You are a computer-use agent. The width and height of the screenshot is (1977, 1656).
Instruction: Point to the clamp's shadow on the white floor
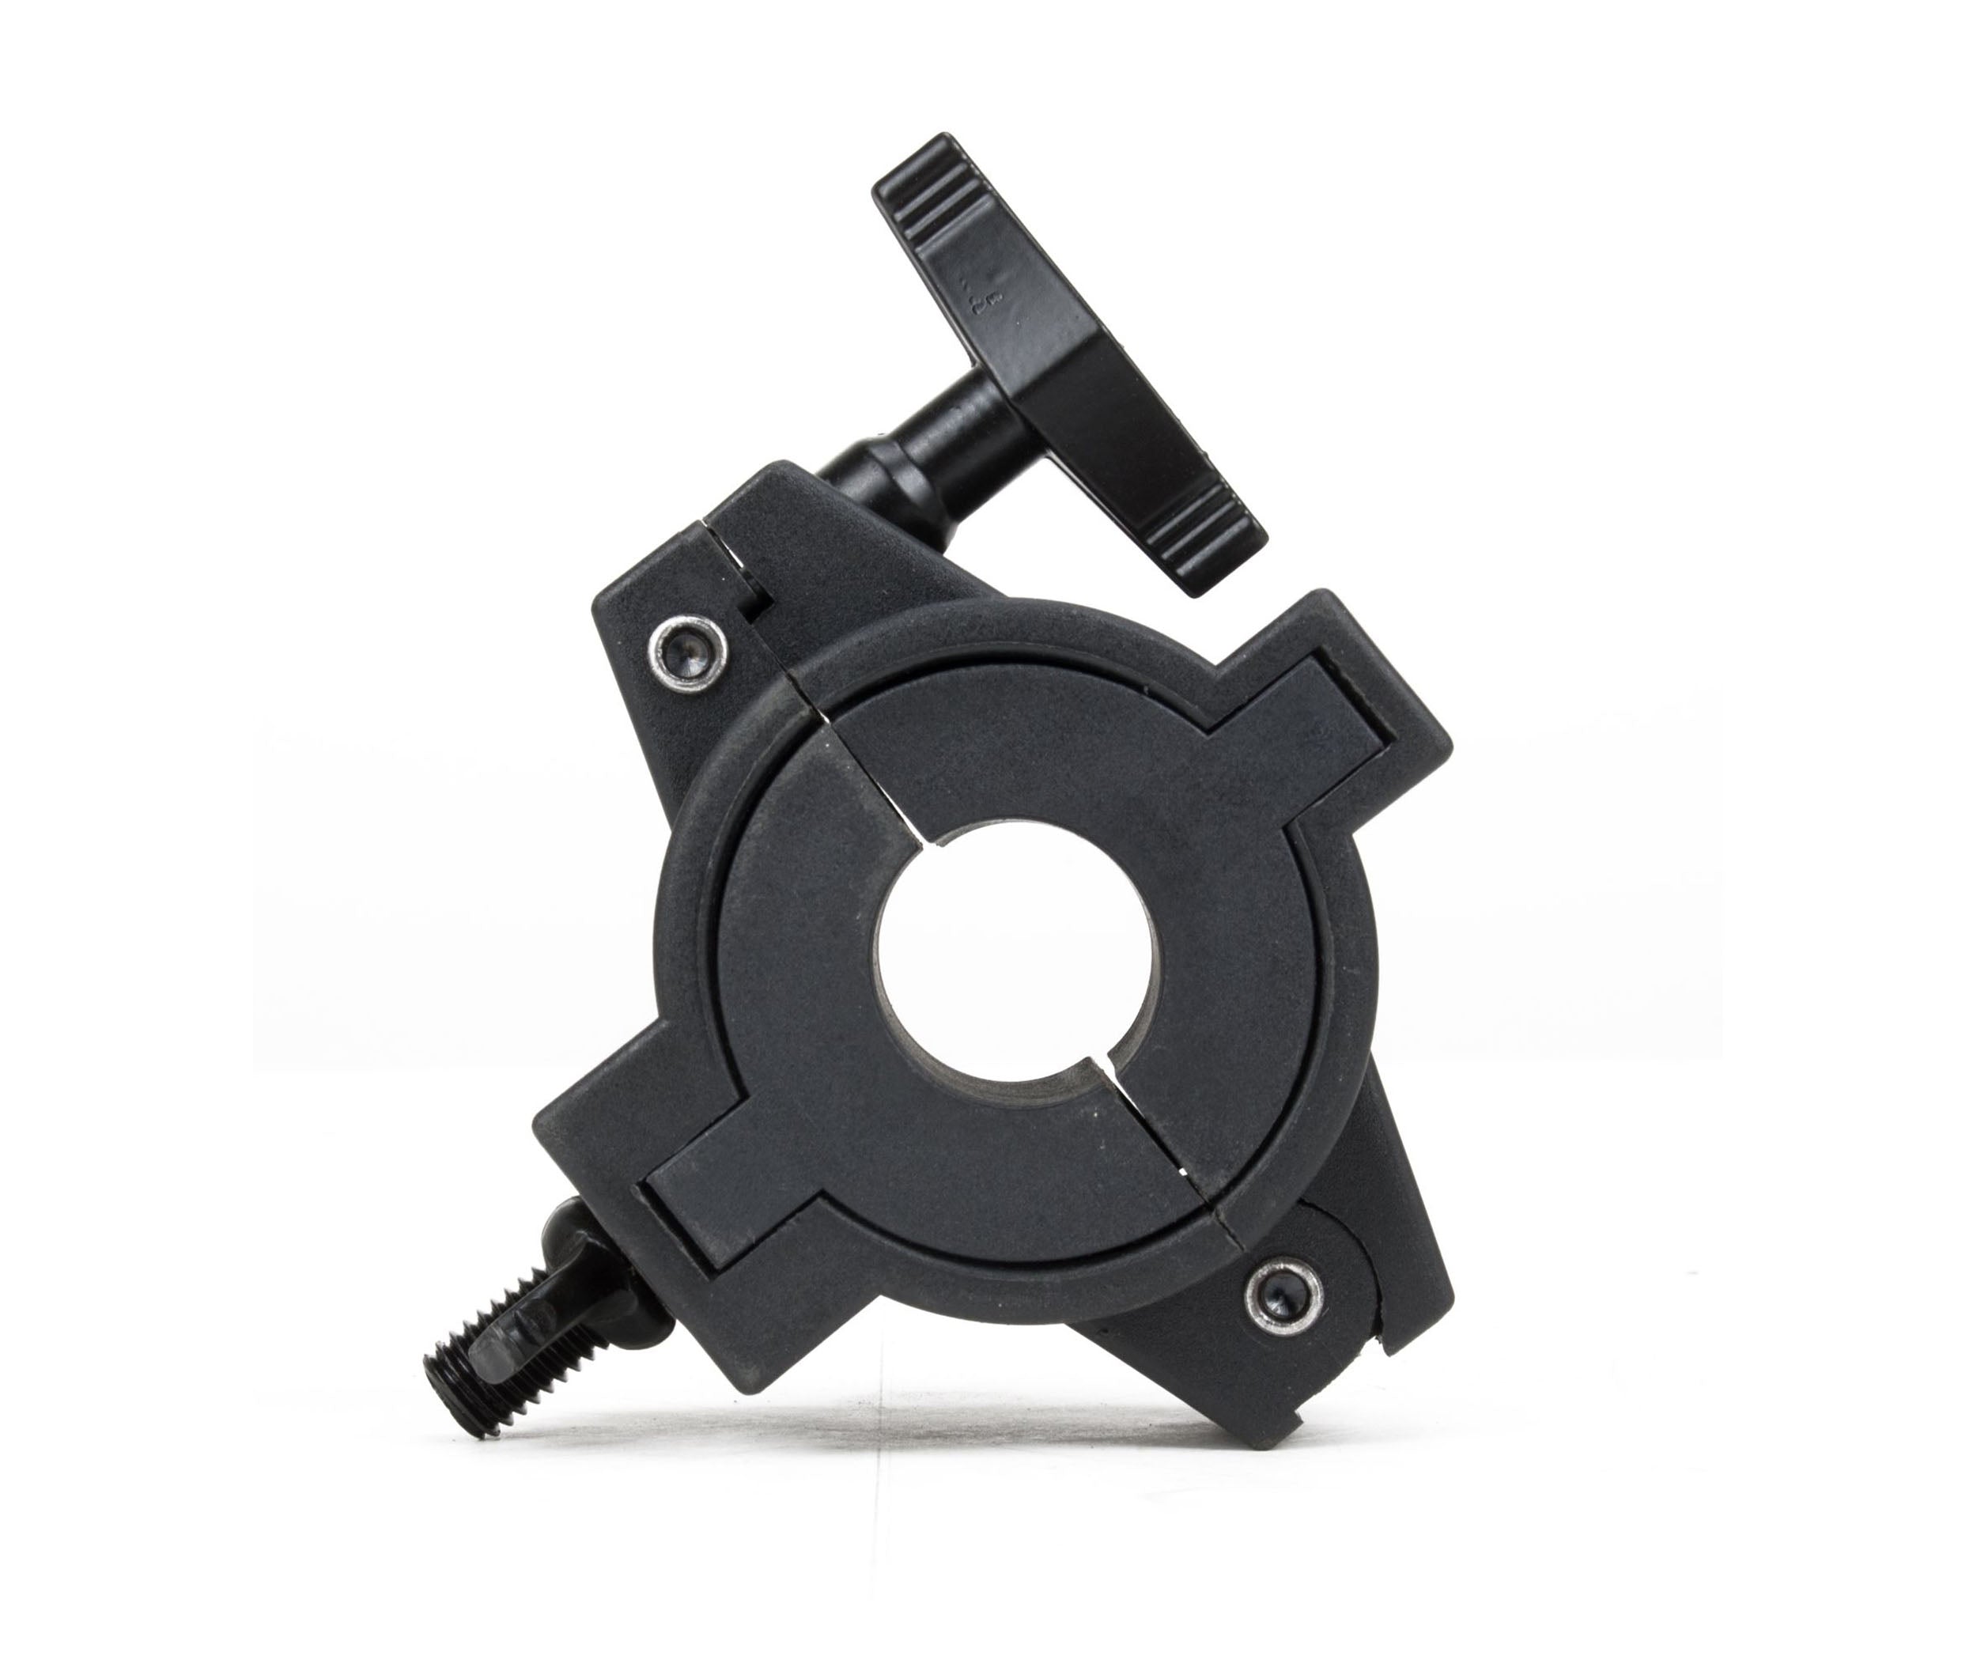(941, 1440)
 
